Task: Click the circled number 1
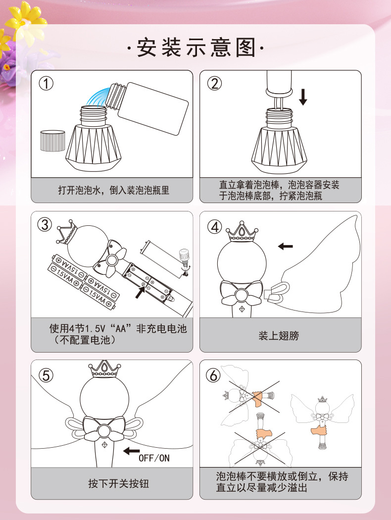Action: [46, 83]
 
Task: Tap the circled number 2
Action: [214, 83]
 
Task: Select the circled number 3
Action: [45, 224]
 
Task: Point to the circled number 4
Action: [214, 227]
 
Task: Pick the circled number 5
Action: [46, 375]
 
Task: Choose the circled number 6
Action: [213, 375]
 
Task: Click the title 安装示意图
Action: [196, 48]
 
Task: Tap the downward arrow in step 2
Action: [303, 97]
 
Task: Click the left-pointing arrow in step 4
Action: [285, 246]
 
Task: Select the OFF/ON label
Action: [154, 458]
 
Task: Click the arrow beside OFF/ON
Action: [132, 451]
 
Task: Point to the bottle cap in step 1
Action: [52, 141]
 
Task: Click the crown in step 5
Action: [104, 369]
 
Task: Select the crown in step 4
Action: [242, 230]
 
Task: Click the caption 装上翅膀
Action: [279, 336]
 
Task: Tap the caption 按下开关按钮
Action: [119, 483]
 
